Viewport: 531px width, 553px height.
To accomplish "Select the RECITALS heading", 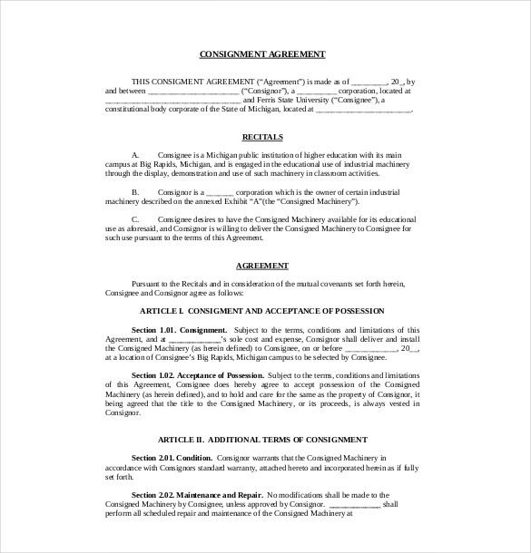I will click(262, 137).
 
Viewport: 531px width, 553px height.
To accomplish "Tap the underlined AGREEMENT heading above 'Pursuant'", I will click(262, 266).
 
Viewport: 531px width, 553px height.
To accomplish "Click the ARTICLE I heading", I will click(261, 311).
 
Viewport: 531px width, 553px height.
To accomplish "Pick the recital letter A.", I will click(135, 155).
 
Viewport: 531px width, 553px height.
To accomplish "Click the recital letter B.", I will click(135, 192).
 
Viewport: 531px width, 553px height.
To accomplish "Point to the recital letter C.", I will click(135, 219).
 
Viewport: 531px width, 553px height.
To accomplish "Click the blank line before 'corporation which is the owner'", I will click(221, 192).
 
